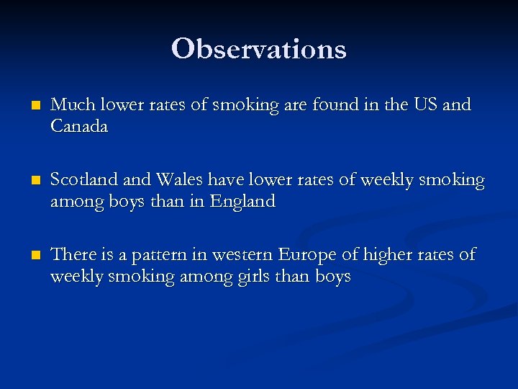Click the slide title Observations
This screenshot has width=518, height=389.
(259, 49)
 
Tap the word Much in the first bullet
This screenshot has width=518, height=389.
(68, 105)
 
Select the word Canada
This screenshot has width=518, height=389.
(79, 127)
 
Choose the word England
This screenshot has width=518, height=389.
(242, 202)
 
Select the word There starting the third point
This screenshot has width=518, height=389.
(73, 254)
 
